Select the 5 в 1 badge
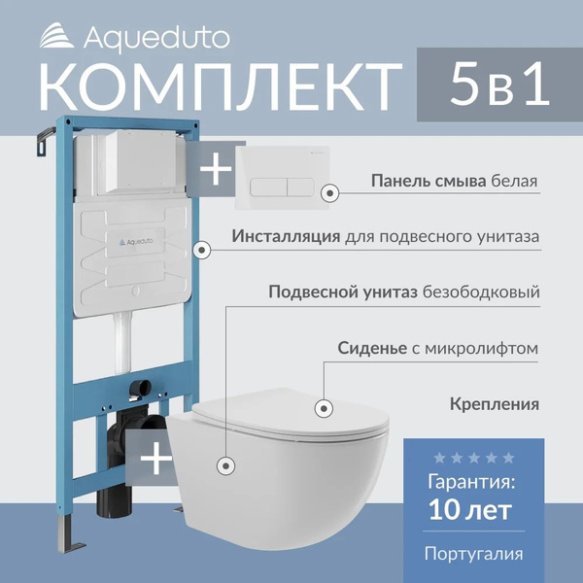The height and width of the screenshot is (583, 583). [499, 86]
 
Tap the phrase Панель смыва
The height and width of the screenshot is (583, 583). [415, 181]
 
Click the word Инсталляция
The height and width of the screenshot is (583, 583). [287, 236]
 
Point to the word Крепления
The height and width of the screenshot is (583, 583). [495, 402]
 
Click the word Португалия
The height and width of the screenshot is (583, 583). [474, 554]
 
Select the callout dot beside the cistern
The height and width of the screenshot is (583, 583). [202, 250]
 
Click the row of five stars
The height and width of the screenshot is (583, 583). [474, 457]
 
